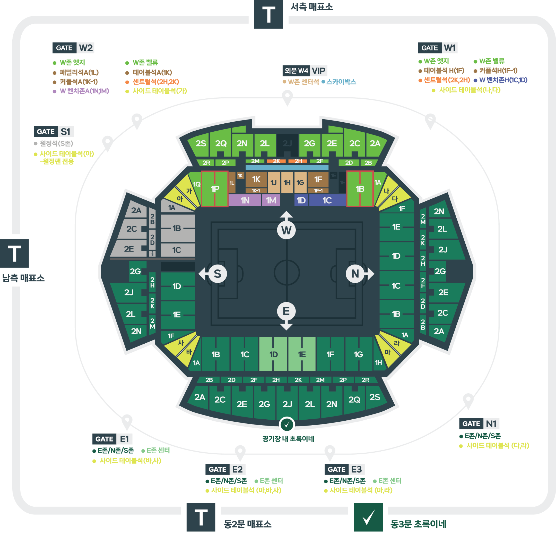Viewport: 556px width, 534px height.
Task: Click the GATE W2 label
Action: pos(73,48)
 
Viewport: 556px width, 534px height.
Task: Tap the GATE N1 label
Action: pos(479,423)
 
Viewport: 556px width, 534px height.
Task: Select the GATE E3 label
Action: pos(344,469)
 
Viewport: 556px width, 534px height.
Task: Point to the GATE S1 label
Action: pos(54,132)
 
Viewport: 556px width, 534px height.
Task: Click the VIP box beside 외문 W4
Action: pos(319,71)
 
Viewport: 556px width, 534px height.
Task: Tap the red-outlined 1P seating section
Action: pos(215,189)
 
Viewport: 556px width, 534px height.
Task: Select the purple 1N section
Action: pos(245,200)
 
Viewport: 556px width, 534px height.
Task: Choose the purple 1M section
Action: pos(271,200)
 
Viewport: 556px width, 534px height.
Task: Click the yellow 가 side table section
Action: pos(188,190)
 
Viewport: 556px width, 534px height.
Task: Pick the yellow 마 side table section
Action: pos(388,352)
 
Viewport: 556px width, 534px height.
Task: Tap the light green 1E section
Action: pos(302,354)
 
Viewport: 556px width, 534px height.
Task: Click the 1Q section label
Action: pos(197,184)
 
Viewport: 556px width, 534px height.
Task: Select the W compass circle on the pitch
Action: pos(286,230)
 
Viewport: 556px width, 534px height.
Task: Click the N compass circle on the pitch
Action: pos(355,274)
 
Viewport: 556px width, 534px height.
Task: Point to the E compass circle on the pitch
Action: pos(286,311)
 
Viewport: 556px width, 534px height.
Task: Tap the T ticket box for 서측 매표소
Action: pos(269,14)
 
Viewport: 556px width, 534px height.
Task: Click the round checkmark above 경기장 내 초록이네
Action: pos(287,425)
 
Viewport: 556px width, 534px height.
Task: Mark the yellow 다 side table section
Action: pos(395,199)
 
